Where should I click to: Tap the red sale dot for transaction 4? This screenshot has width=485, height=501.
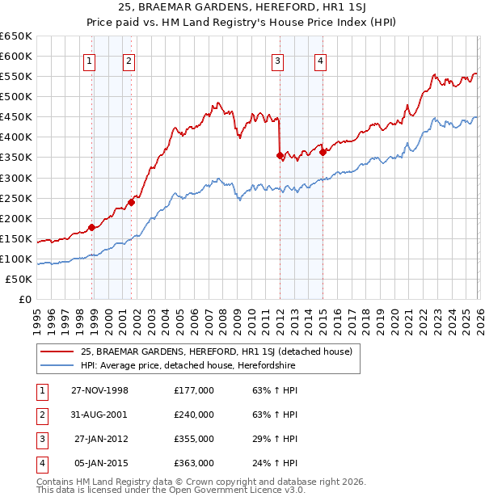point(323,151)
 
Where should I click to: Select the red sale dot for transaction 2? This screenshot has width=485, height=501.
point(132,202)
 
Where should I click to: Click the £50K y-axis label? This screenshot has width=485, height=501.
point(19,279)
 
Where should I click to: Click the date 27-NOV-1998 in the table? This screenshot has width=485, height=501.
point(99,390)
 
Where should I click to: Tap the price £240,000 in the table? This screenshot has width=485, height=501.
point(193,415)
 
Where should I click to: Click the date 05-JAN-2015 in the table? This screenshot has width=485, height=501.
point(99,463)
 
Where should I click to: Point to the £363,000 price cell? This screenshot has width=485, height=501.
point(193,463)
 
